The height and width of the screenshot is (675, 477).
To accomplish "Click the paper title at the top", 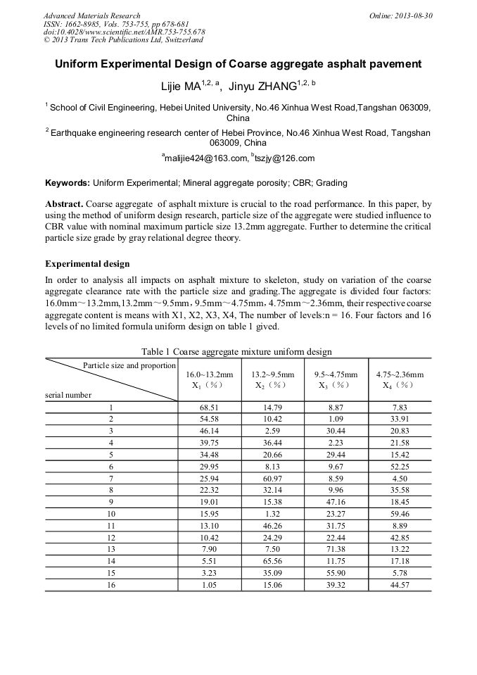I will click(x=238, y=64).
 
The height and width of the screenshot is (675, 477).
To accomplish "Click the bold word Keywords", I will click(x=67, y=183).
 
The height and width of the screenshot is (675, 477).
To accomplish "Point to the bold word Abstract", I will click(x=64, y=203).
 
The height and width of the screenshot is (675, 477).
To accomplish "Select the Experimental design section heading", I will click(x=87, y=264).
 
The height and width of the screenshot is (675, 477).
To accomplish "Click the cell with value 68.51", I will click(x=209, y=408).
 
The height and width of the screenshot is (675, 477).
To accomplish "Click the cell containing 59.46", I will click(x=400, y=515).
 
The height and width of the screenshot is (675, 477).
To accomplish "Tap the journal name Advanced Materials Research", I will click(x=92, y=15).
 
